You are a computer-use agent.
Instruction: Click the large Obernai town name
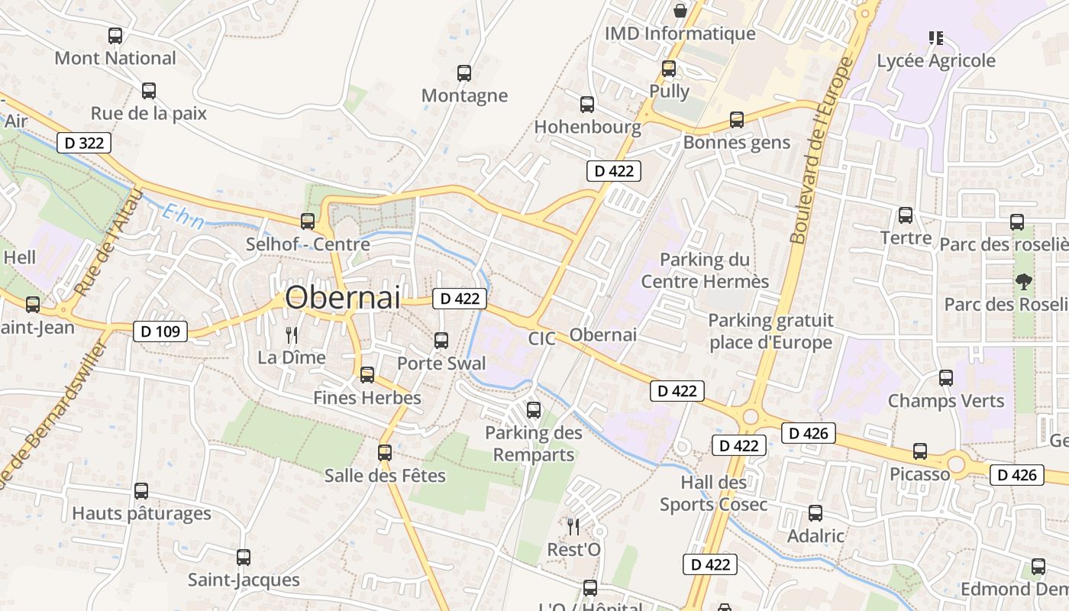[343, 298]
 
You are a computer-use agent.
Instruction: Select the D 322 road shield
[84, 143]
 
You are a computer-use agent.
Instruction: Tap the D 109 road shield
[160, 331]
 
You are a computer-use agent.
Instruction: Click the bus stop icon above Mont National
[115, 36]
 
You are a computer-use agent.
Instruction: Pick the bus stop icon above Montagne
[464, 73]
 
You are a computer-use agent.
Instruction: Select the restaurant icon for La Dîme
[291, 335]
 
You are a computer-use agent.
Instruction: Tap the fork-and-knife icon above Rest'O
[573, 526]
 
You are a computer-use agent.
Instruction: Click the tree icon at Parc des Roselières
[1023, 282]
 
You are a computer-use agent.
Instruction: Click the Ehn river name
[183, 216]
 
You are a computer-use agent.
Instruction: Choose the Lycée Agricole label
[936, 60]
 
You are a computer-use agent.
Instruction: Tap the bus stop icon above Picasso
[920, 451]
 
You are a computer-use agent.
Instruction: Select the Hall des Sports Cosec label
[714, 493]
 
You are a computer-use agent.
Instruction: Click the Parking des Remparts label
[534, 444]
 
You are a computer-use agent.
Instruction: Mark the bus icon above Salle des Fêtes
[385, 453]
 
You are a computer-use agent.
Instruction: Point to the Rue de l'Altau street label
[110, 243]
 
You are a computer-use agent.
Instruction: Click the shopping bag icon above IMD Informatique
[680, 11]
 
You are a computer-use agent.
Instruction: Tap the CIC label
[541, 338]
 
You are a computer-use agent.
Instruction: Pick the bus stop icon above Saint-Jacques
[244, 558]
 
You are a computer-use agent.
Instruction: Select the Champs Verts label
[946, 401]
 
